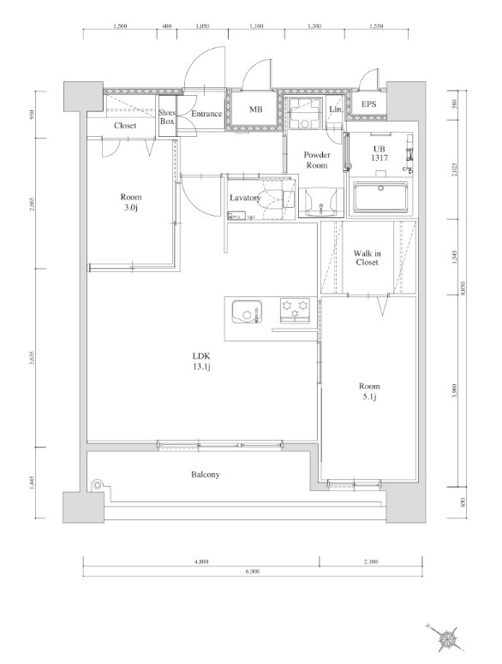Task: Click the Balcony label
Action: [x=205, y=474]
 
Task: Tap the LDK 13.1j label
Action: [x=202, y=362]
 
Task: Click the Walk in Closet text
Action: [x=368, y=258]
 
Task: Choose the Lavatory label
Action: [x=244, y=199]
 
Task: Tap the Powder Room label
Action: [x=318, y=159]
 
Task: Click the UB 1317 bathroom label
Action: [x=379, y=153]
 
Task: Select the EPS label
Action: [x=368, y=105]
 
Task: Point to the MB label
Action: [x=255, y=110]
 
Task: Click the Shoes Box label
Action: [x=167, y=117]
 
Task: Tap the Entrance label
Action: [x=206, y=114]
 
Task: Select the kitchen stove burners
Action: [x=296, y=309]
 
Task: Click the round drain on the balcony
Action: [x=98, y=486]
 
